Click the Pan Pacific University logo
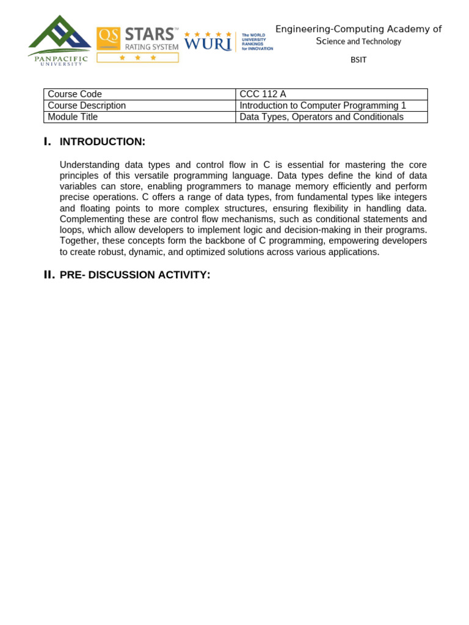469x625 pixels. pos(59,40)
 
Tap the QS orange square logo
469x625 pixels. pos(108,38)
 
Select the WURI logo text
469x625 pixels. pos(208,44)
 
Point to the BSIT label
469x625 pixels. pos(358,60)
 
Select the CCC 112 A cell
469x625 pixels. pos(263,94)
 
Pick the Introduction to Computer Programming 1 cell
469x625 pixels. pos(322,106)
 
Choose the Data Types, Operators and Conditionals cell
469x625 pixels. pos(321,117)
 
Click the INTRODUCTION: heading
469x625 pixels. pos(103,142)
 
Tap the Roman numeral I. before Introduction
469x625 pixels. pos(48,142)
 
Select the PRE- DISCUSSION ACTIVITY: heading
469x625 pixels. pos(135,275)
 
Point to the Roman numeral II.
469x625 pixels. pos(49,275)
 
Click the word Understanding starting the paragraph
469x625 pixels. pos(89,165)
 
